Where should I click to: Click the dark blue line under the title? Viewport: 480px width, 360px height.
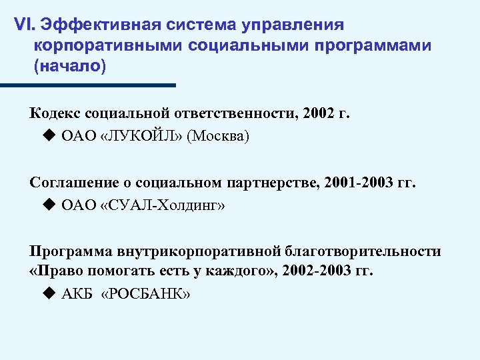pyautogui.click(x=87, y=85)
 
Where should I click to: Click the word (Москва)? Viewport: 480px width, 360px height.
pyautogui.click(x=218, y=137)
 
